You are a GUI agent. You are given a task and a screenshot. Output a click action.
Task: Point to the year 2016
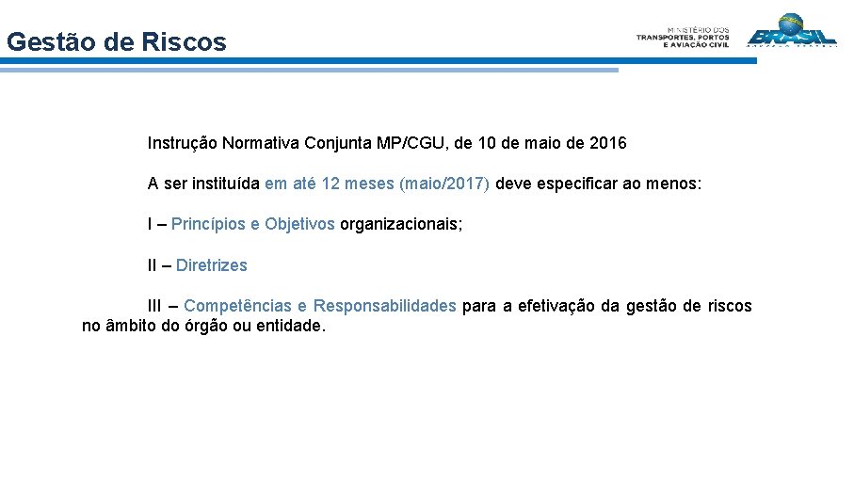tap(607, 144)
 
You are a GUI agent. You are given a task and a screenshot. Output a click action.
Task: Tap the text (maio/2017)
tap(444, 184)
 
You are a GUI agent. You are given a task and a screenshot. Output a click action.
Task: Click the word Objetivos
tap(299, 225)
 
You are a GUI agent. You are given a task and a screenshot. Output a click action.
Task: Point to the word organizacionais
tap(400, 225)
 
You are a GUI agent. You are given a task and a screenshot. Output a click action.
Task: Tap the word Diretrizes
tap(212, 265)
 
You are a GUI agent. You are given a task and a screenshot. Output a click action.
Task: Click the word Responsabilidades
tap(384, 306)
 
